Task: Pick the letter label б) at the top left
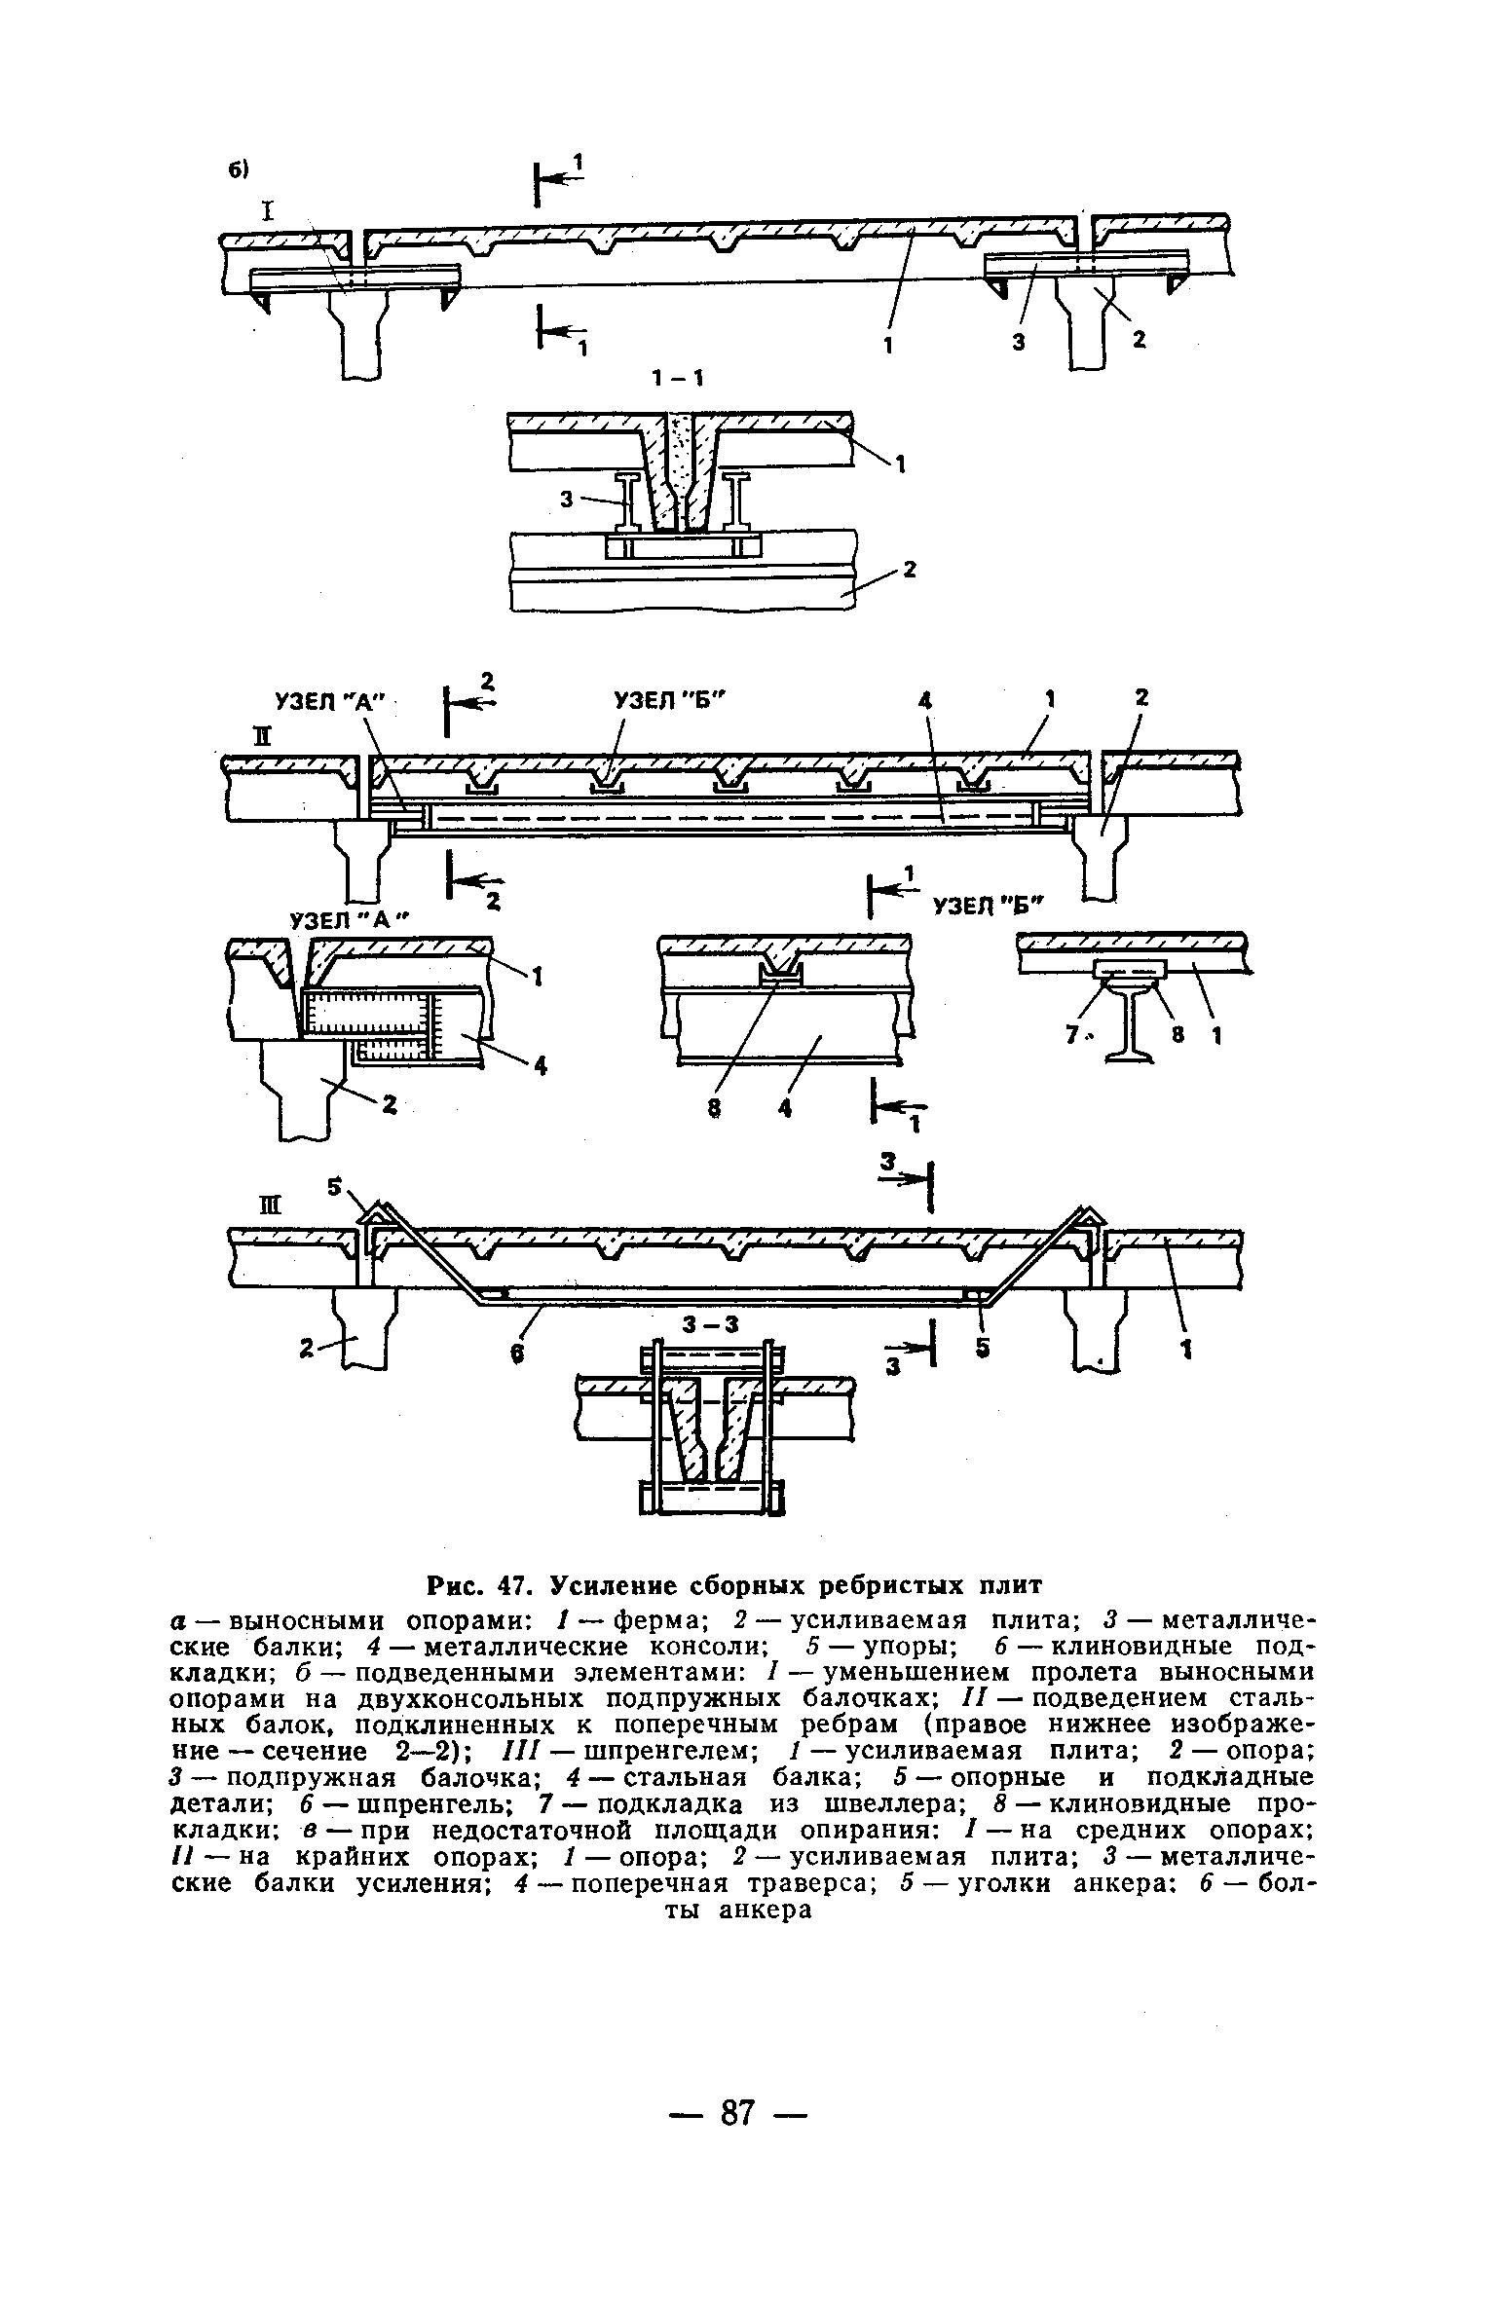tap(240, 169)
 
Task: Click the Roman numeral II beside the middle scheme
tap(261, 736)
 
